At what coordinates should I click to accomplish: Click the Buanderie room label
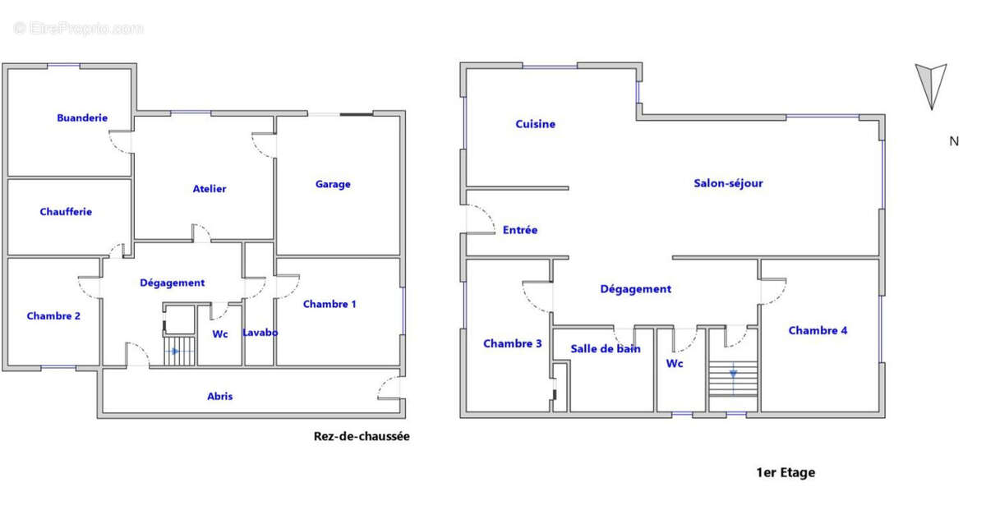coord(82,118)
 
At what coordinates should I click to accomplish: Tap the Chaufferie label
coord(66,212)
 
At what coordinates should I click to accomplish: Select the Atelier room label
coord(210,189)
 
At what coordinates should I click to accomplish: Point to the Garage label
coord(333,185)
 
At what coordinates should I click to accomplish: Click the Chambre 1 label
coord(329,304)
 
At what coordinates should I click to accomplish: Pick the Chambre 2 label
coord(53,316)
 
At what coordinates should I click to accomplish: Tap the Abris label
coord(220,397)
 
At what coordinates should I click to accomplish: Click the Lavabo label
coord(260,333)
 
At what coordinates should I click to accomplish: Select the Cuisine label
coord(535,124)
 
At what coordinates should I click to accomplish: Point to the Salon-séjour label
coord(729,183)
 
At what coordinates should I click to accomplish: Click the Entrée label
coord(520,230)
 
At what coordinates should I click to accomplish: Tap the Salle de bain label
coord(606,349)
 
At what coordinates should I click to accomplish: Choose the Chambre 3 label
coord(513,343)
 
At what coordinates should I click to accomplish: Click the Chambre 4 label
coord(818,330)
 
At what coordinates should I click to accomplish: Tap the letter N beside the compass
coord(954,141)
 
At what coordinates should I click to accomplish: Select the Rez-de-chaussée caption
coord(362,437)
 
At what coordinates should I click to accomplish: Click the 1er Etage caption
coord(786,472)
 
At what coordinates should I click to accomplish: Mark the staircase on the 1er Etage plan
coord(733,379)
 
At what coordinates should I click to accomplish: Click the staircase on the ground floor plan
coord(179,351)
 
